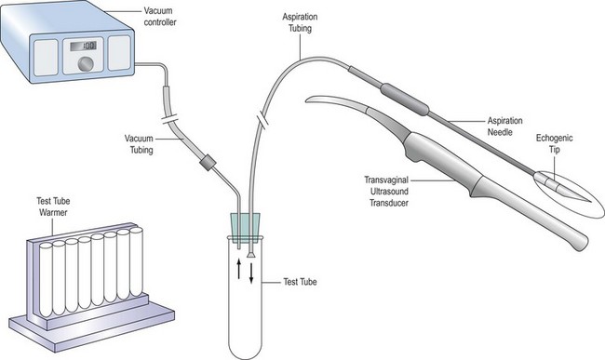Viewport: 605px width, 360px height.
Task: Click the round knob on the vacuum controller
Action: coord(86,63)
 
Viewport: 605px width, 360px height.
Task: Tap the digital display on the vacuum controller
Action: coord(83,46)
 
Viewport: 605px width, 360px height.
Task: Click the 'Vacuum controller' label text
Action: coord(160,17)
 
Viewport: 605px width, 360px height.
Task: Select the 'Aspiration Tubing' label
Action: coord(300,22)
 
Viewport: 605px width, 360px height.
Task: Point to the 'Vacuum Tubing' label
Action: coord(139,144)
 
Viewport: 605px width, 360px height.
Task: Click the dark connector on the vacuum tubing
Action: coord(208,162)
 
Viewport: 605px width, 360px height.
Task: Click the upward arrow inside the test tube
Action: coord(239,268)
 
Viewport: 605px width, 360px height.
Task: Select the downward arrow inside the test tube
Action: coord(251,273)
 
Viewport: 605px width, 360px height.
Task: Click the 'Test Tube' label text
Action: coord(300,282)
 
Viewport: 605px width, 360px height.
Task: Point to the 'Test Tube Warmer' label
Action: coord(53,207)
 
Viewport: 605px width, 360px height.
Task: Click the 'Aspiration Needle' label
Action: coord(504,127)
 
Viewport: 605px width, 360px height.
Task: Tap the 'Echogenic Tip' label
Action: coord(554,143)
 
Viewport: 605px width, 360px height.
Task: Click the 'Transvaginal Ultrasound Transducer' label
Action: coord(386,192)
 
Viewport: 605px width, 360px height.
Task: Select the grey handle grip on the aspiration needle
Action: coord(404,100)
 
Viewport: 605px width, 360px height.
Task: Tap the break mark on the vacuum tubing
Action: coord(169,119)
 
